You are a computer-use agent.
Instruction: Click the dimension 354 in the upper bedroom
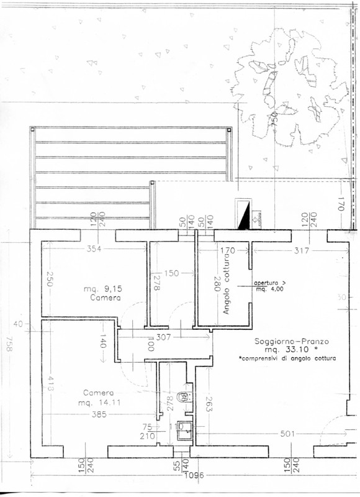tap(94, 249)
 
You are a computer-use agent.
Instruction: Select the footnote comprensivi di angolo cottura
tap(287, 359)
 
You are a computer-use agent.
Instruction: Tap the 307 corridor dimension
tap(164, 336)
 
